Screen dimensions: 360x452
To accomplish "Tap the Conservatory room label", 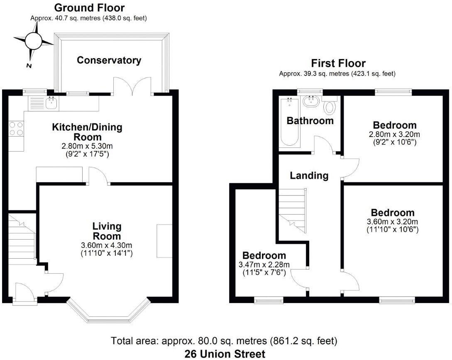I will pyautogui.click(x=109, y=60).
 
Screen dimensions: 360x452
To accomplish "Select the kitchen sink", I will pyautogui.click(x=52, y=103).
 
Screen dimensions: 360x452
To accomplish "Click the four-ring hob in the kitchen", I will pyautogui.click(x=16, y=127).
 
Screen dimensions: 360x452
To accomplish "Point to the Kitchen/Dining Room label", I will pyautogui.click(x=87, y=132).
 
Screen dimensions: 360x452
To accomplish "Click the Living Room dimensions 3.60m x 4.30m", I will pyautogui.click(x=106, y=245).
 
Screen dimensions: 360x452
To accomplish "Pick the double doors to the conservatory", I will pyautogui.click(x=133, y=85).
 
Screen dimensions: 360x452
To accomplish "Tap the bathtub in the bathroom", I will pyautogui.click(x=290, y=122).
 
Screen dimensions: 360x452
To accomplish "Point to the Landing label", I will pyautogui.click(x=309, y=175).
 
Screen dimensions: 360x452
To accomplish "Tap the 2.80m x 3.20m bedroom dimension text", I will pyautogui.click(x=394, y=135).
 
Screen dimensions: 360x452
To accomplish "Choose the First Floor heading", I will pyautogui.click(x=338, y=64).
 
